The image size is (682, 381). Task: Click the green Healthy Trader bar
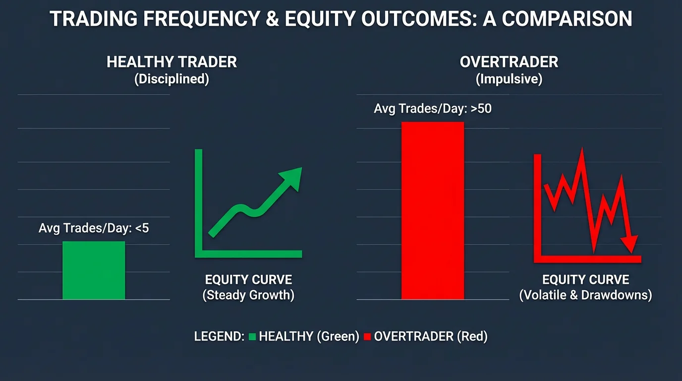coord(94,270)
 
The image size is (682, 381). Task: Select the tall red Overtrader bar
coord(433,211)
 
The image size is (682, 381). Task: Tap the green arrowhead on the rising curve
coord(292,177)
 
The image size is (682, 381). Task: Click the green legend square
coord(252,337)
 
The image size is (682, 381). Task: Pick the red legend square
coord(367,337)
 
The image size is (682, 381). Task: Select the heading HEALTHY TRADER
coord(171,63)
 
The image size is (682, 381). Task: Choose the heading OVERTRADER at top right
coord(509,63)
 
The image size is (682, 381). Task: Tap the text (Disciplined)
coord(171,79)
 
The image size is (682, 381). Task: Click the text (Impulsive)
coord(509,79)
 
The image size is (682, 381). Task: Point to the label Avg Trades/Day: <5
coord(94,229)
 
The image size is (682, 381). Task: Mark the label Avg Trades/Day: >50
coord(433,109)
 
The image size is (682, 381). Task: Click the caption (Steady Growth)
coord(248,296)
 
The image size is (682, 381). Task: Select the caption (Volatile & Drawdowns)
coord(585,296)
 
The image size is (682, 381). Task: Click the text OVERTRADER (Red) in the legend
coord(431,336)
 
